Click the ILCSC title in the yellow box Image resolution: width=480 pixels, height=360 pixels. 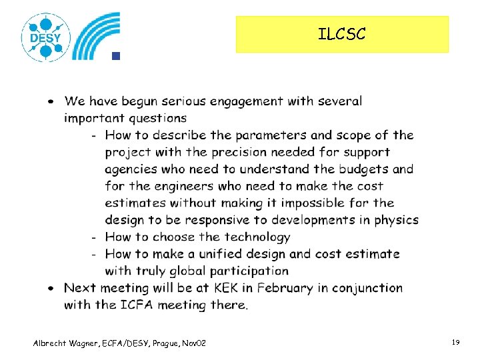tap(341, 34)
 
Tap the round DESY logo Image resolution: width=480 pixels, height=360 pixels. tap(45, 37)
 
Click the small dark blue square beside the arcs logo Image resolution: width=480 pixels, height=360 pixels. tap(115, 56)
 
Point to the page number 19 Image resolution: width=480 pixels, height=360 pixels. tap(456, 342)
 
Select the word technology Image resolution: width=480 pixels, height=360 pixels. tap(257, 237)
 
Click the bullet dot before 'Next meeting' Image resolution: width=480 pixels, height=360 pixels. tap(51, 288)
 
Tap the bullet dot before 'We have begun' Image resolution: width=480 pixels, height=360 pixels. tap(51, 102)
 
